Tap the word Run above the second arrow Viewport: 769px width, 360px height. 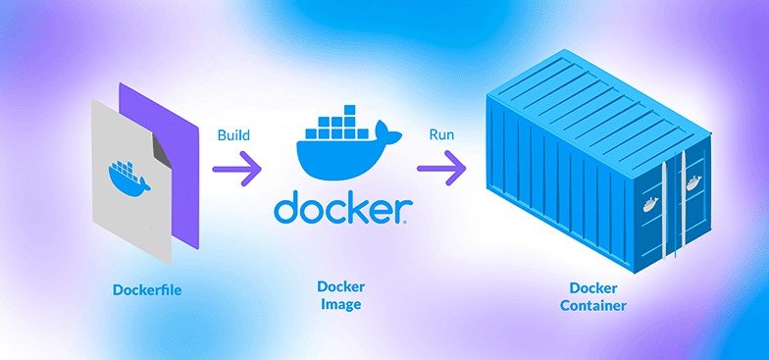(440, 134)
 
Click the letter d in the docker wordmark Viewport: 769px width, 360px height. (286, 208)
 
